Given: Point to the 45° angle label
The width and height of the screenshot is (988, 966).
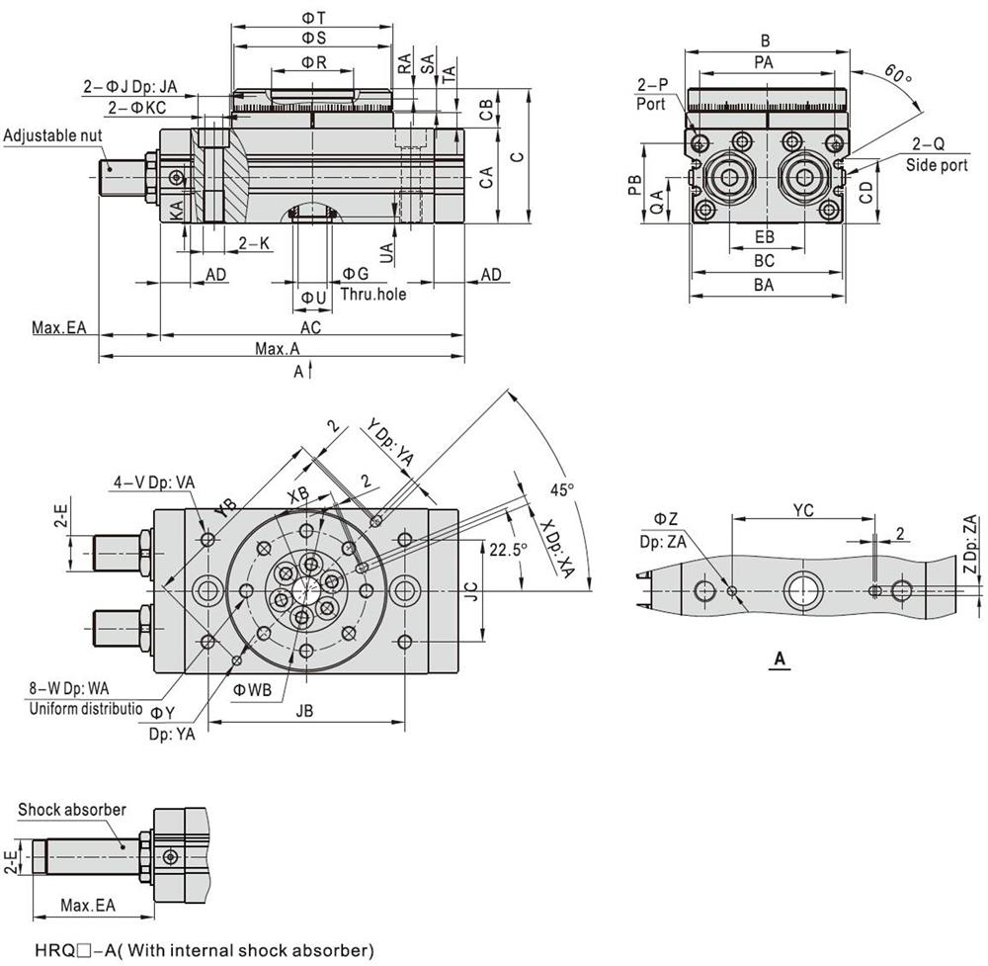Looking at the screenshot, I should click(x=560, y=489).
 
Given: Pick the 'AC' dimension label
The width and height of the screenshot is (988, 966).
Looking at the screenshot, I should click(x=310, y=326).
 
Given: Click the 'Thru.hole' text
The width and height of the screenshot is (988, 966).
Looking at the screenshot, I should click(x=372, y=294).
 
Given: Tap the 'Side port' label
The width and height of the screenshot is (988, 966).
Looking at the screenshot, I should click(x=937, y=165).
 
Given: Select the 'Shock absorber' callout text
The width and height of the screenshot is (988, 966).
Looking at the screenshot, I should click(x=72, y=810).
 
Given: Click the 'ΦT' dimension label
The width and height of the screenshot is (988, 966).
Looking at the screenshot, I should click(x=312, y=18).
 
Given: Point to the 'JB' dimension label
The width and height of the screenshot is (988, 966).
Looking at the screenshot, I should click(x=304, y=709).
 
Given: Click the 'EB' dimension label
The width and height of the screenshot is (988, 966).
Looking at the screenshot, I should click(x=764, y=237).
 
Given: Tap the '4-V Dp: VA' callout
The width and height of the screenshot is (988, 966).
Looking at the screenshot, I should click(x=153, y=483).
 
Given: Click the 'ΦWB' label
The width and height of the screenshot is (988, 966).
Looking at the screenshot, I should click(x=252, y=690).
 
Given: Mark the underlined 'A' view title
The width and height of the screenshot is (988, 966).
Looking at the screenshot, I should click(x=780, y=659).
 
